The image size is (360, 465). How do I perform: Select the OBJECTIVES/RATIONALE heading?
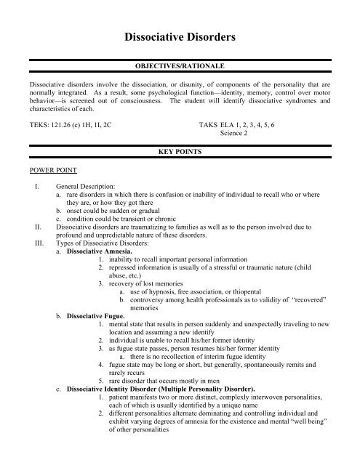(180, 65)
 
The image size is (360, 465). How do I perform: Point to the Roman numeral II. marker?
(27, 225)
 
